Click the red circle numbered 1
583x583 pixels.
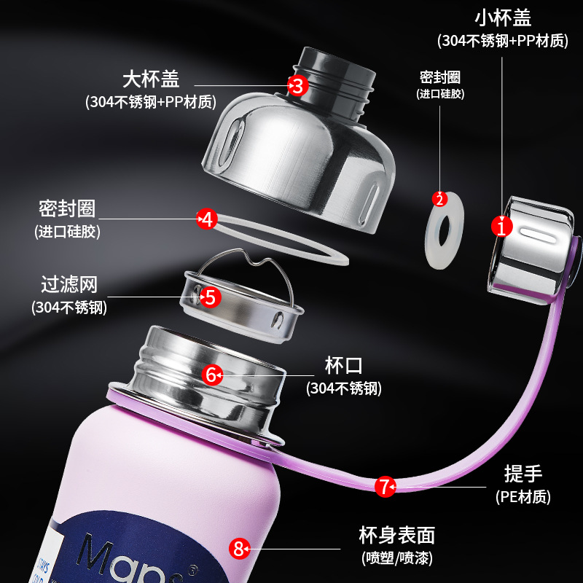click(x=502, y=227)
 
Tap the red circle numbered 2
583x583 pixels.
click(x=439, y=198)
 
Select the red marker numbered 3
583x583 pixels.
click(x=297, y=85)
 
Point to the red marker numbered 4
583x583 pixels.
click(x=208, y=219)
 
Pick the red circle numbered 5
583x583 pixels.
click(x=209, y=297)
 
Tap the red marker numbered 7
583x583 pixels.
click(x=386, y=487)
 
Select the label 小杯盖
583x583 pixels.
click(x=502, y=17)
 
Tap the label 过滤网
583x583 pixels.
click(x=69, y=283)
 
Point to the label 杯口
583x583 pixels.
click(x=344, y=365)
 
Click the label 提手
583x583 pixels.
click(x=523, y=474)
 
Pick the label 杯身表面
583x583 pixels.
click(x=396, y=536)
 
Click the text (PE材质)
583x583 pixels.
click(x=523, y=497)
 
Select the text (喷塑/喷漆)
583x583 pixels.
click(x=396, y=560)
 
